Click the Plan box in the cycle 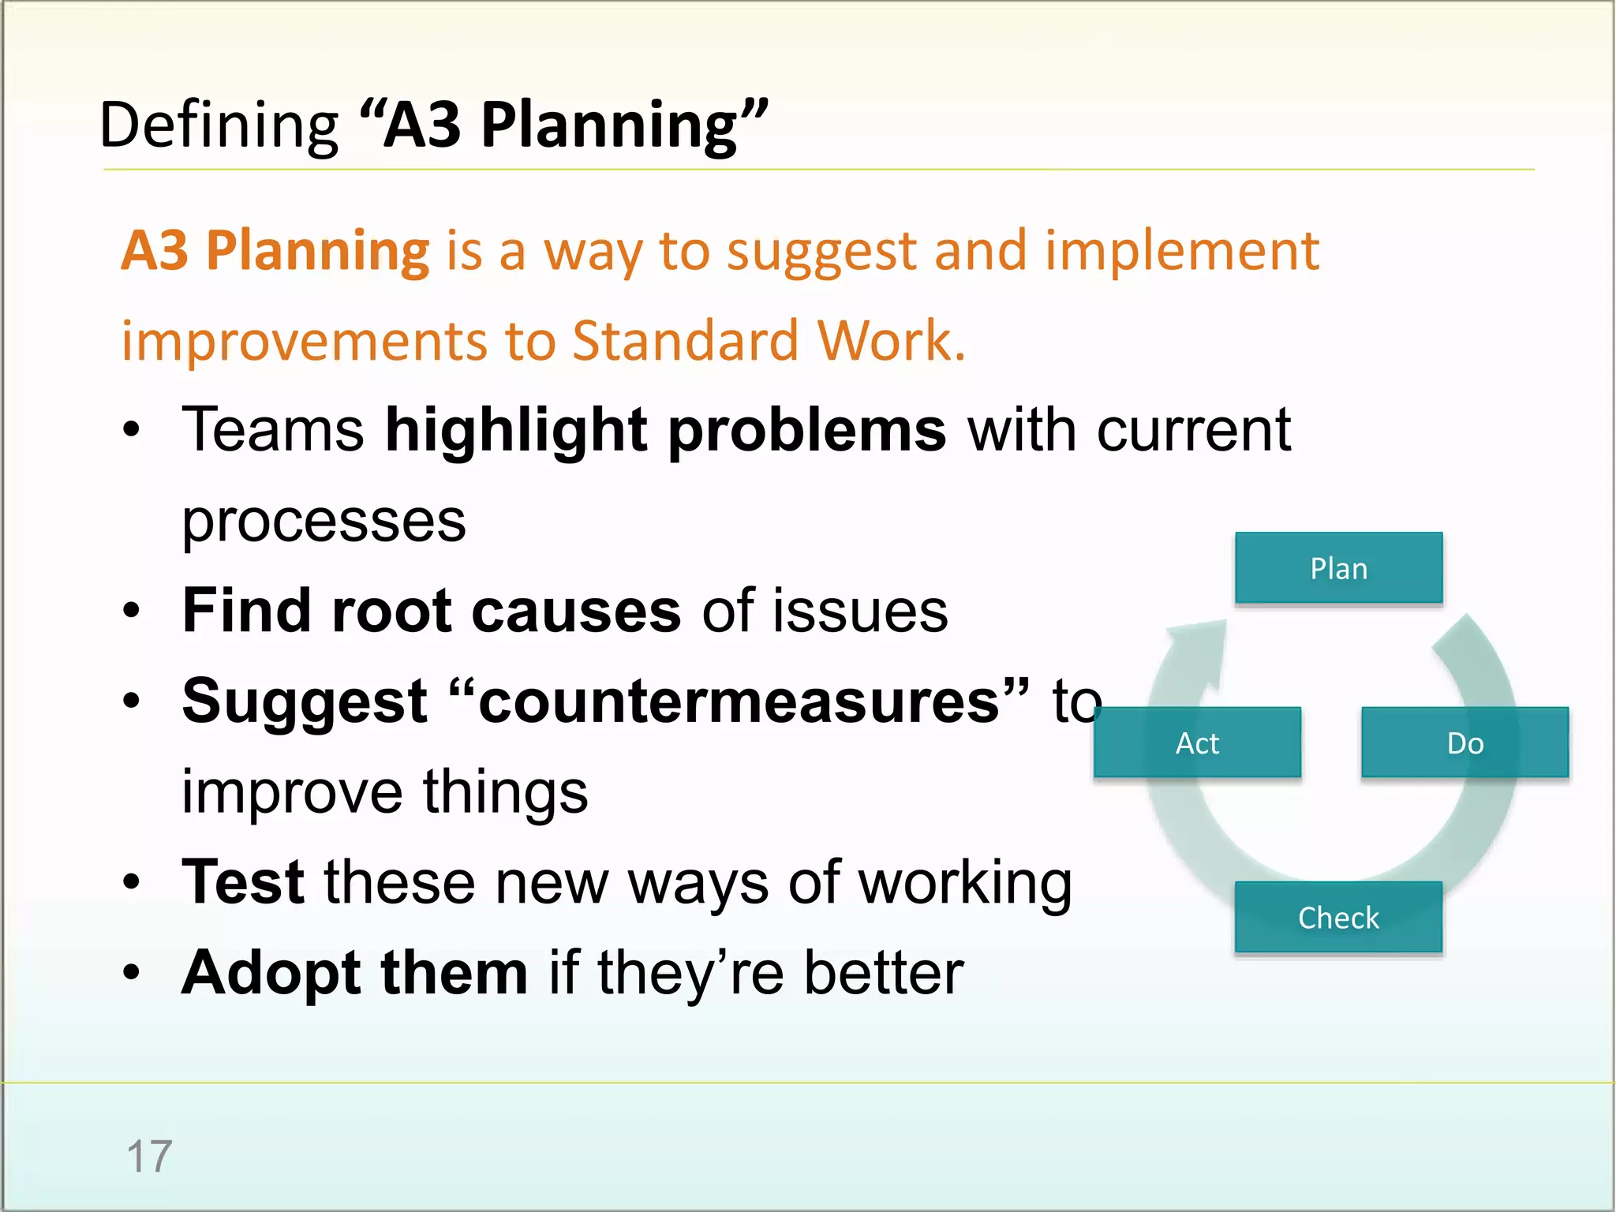tap(1338, 568)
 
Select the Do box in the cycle tap(1464, 743)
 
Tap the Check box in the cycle tap(1338, 917)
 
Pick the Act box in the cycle tap(1197, 743)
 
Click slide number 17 tap(149, 1156)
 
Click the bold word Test tap(243, 881)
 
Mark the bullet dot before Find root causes tap(131, 611)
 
